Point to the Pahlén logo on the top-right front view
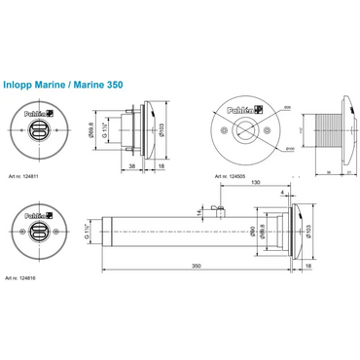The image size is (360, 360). (238, 112)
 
